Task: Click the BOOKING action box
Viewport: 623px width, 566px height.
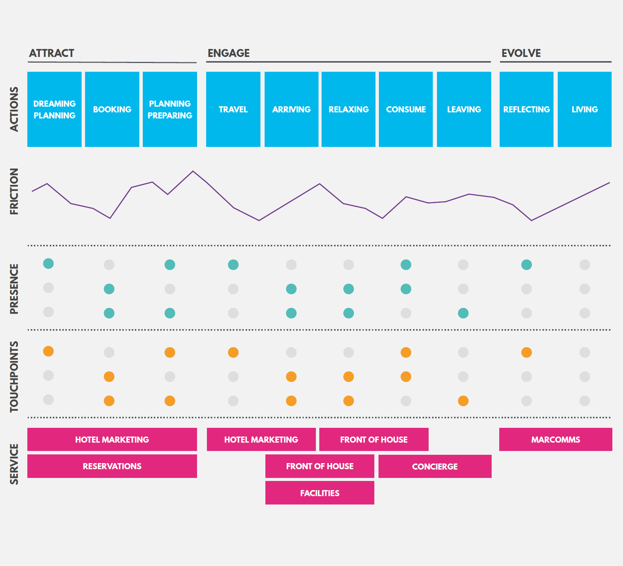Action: [112, 109]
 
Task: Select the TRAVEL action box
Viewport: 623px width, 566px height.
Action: [233, 109]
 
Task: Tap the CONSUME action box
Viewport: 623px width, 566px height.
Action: [406, 109]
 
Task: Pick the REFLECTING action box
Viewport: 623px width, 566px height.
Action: [527, 109]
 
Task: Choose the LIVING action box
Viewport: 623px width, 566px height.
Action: [585, 109]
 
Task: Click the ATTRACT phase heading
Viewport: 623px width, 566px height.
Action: [52, 53]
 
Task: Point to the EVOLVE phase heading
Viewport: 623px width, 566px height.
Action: [521, 53]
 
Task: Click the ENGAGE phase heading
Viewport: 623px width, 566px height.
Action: [229, 53]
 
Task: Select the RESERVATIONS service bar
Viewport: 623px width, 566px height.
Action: [112, 466]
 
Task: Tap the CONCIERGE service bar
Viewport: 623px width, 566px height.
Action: [435, 467]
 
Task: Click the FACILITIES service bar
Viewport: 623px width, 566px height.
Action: [320, 493]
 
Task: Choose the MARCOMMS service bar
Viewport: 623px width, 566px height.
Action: [556, 440]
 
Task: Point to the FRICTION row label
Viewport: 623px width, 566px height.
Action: [14, 191]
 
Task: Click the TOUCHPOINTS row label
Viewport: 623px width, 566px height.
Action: [14, 377]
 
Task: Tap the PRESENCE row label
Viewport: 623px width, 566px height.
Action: [14, 289]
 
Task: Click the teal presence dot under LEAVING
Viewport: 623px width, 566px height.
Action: [463, 313]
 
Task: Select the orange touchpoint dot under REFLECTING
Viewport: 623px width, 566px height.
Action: [527, 352]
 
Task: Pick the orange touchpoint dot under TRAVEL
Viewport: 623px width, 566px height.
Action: [233, 352]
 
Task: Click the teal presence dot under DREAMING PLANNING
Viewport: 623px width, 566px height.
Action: [48, 263]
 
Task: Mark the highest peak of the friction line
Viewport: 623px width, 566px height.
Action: [193, 171]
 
